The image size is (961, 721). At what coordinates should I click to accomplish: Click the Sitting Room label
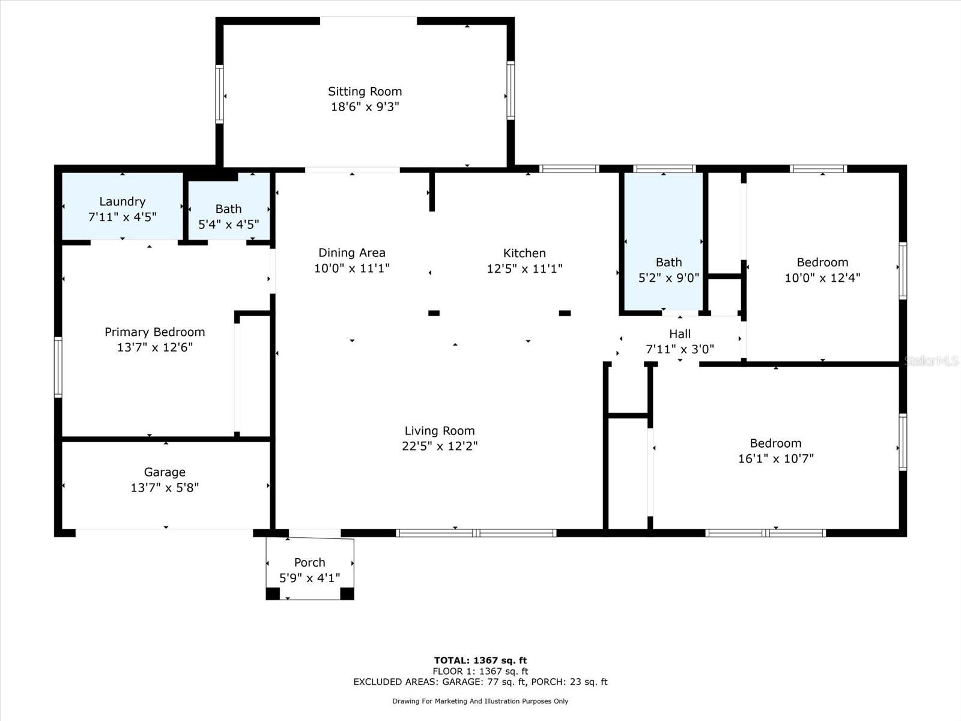[x=365, y=91]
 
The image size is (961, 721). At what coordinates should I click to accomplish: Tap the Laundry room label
[x=122, y=201]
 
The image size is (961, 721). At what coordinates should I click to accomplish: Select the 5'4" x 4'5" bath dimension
[x=229, y=225]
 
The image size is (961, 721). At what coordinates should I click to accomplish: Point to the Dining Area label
[x=351, y=252]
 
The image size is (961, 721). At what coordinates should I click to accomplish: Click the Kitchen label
[x=524, y=253]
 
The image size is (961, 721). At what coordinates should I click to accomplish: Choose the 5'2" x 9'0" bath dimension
[x=668, y=278]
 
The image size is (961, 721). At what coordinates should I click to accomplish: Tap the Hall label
[x=679, y=334]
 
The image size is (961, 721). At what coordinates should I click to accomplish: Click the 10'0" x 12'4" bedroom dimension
[x=822, y=278]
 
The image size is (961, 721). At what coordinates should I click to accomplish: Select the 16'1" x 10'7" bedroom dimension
[x=776, y=458]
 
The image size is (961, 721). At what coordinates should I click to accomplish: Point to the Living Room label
[x=440, y=431]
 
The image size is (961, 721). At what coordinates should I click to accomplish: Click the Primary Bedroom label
[x=154, y=332]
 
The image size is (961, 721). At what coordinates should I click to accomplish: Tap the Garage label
[x=165, y=472]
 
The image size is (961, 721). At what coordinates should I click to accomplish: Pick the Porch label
[x=309, y=562]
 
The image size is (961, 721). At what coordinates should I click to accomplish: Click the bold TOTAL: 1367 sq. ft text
[x=480, y=660]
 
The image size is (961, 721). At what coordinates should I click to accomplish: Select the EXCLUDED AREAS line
[x=480, y=681]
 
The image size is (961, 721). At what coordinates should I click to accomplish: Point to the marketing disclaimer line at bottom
[x=480, y=701]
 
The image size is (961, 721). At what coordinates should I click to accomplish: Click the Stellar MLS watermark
[x=931, y=360]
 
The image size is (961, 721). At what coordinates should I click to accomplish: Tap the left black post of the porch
[x=273, y=594]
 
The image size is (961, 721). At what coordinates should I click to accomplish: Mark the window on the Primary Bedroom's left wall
[x=58, y=367]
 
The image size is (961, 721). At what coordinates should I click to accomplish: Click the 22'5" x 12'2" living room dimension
[x=440, y=446]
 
